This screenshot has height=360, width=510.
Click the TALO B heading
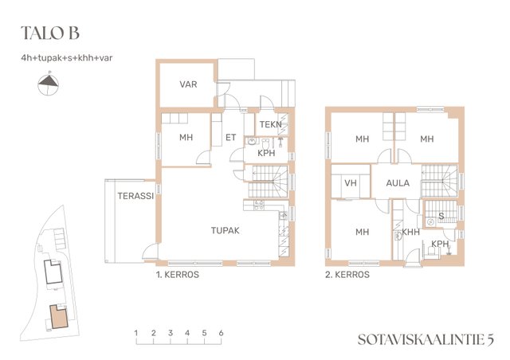(x=50, y=33)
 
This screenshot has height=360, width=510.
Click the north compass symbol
(x=49, y=84)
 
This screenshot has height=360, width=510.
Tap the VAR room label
(x=188, y=84)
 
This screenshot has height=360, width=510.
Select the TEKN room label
(x=271, y=124)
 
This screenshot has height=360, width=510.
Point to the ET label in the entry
(x=230, y=138)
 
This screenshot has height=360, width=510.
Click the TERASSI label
(x=135, y=196)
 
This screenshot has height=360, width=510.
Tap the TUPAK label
(x=225, y=230)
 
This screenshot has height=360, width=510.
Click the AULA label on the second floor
(x=398, y=183)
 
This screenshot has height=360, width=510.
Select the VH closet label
(x=351, y=183)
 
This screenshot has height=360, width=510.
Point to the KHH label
(x=411, y=232)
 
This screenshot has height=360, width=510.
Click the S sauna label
(x=441, y=216)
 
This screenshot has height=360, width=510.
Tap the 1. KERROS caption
(x=178, y=275)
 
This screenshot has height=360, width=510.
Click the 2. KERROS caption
(x=347, y=275)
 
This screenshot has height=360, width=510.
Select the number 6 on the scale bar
(x=222, y=333)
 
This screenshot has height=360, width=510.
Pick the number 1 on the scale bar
(x=136, y=333)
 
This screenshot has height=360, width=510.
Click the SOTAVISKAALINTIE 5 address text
(x=426, y=339)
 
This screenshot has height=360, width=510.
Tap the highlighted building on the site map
(x=59, y=316)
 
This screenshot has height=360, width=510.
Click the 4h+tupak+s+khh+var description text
(x=67, y=58)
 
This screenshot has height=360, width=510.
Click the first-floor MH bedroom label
(x=186, y=138)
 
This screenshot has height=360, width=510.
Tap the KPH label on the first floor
(x=266, y=153)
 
